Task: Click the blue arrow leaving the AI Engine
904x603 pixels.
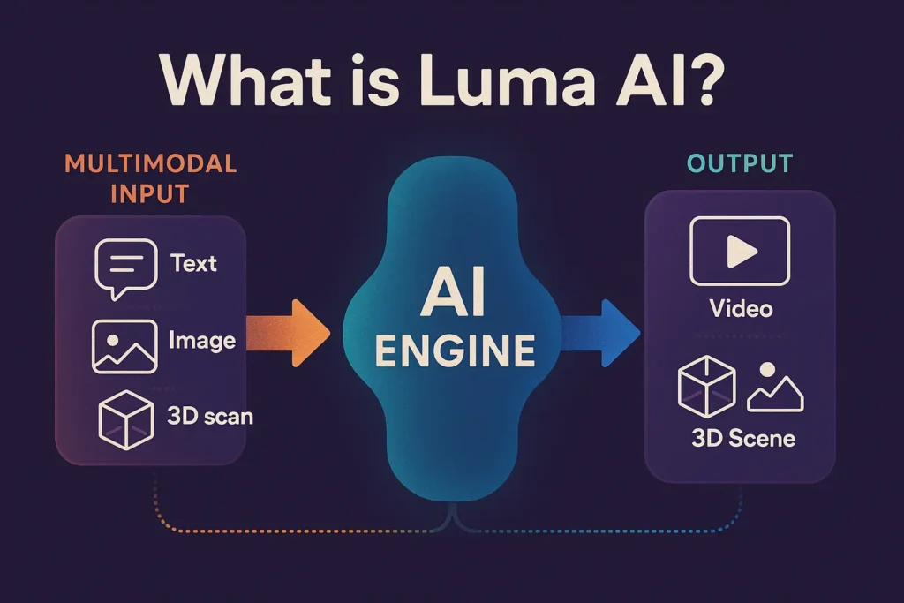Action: click(601, 333)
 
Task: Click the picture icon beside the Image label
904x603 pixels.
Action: click(124, 346)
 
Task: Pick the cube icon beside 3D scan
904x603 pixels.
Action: click(125, 418)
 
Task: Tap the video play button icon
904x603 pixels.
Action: click(739, 252)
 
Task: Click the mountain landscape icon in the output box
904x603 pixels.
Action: click(775, 388)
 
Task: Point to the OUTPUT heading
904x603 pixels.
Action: click(739, 163)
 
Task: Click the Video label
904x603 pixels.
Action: click(740, 308)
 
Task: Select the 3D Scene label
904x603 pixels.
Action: click(742, 438)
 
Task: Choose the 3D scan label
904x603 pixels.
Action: click(209, 415)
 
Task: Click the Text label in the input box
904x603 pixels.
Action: click(193, 263)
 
